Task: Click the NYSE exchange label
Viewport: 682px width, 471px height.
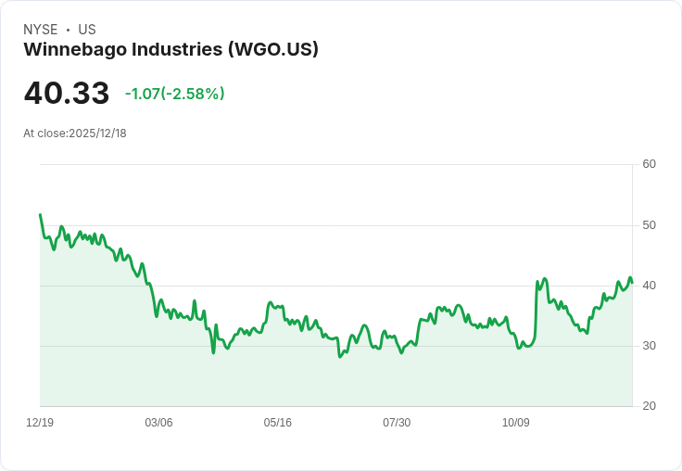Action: click(41, 30)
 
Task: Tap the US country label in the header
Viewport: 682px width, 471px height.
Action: click(87, 30)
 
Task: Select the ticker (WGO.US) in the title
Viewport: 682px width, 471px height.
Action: click(273, 50)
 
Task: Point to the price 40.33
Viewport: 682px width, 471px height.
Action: click(67, 94)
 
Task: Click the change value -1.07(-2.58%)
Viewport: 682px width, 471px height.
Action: click(175, 94)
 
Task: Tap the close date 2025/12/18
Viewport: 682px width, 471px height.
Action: click(97, 134)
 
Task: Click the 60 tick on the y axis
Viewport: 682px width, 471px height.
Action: click(650, 164)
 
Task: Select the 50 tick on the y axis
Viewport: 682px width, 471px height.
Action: click(650, 225)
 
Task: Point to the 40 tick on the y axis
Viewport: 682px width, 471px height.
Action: click(650, 286)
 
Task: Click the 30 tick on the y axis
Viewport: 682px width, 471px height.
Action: click(650, 346)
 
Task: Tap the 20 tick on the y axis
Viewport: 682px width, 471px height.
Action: click(650, 406)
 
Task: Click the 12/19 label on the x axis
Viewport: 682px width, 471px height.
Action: click(40, 423)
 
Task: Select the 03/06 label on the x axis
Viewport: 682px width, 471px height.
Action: click(158, 423)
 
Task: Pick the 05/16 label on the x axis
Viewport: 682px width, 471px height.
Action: click(278, 423)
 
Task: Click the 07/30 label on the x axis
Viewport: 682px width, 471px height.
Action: click(397, 423)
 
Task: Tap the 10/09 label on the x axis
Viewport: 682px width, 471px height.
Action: click(516, 423)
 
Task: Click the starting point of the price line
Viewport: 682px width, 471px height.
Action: click(40, 214)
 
